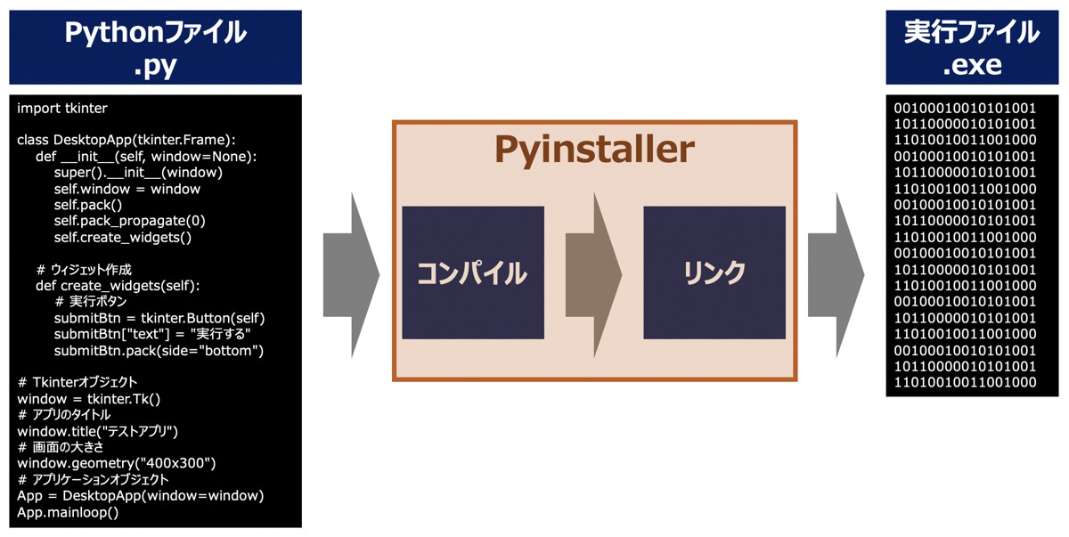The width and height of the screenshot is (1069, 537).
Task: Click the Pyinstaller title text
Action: pyautogui.click(x=594, y=150)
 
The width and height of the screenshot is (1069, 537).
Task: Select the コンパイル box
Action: pyautogui.click(x=472, y=273)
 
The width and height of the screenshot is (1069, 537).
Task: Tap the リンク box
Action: pyautogui.click(x=714, y=273)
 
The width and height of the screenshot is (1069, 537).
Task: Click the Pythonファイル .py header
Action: pyautogui.click(x=155, y=46)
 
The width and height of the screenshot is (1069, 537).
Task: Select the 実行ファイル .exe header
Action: pyautogui.click(x=972, y=46)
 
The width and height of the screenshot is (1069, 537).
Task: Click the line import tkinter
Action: pyautogui.click(x=62, y=109)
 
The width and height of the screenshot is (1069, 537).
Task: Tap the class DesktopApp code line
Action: pyautogui.click(x=126, y=141)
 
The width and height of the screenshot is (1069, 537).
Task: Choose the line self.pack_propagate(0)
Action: pyautogui.click(x=130, y=221)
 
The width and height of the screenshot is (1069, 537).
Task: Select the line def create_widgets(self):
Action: pyautogui.click(x=118, y=286)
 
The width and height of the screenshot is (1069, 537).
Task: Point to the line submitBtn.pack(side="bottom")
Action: pyautogui.click(x=159, y=351)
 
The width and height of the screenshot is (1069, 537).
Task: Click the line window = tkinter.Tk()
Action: pyautogui.click(x=89, y=399)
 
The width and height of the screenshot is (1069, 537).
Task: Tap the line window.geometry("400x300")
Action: pyautogui.click(x=117, y=463)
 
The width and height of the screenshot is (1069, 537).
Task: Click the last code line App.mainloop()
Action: pyautogui.click(x=68, y=512)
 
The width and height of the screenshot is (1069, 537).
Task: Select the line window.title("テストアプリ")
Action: pyautogui.click(x=98, y=431)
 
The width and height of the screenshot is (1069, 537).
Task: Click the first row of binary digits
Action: pyautogui.click(x=965, y=109)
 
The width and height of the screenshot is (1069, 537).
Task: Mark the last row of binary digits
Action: pyautogui.click(x=965, y=383)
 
